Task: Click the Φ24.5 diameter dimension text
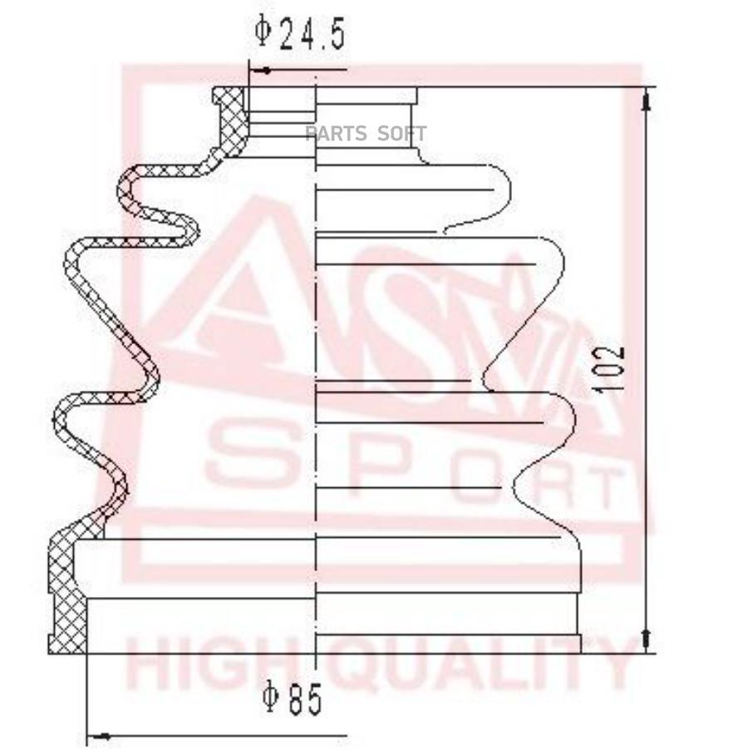pyautogui.click(x=299, y=32)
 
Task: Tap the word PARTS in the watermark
pyautogui.click(x=337, y=133)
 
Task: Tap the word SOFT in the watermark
pyautogui.click(x=401, y=133)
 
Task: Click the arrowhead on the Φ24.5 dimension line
pyautogui.click(x=259, y=71)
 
